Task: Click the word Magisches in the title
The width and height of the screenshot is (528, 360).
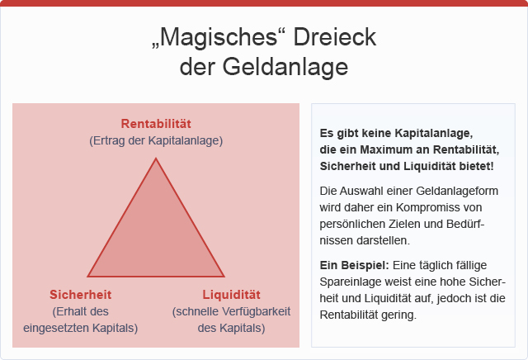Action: (219, 38)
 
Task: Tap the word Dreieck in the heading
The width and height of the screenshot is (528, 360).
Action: (335, 36)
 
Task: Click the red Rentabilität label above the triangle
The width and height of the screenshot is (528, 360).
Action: (156, 124)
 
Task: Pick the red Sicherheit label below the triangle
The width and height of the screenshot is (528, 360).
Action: (81, 295)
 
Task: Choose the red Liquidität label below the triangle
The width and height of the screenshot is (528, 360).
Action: (231, 295)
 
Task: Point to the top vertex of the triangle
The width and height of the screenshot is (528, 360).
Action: (156, 158)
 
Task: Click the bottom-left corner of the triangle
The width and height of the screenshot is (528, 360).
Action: (88, 277)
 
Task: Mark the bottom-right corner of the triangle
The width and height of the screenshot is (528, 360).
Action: (224, 277)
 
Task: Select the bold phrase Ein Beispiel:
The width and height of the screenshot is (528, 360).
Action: (354, 265)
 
